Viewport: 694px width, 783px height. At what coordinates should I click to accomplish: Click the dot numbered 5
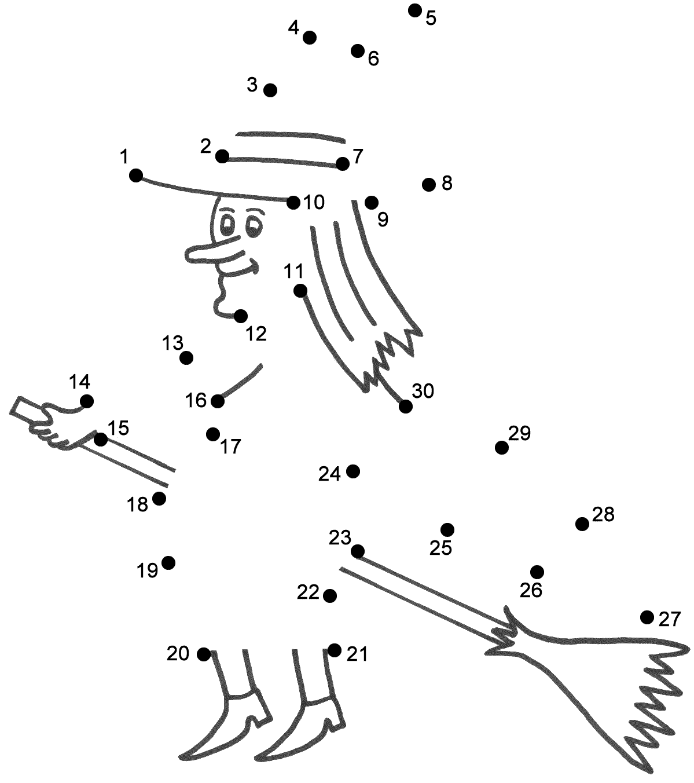pyautogui.click(x=414, y=10)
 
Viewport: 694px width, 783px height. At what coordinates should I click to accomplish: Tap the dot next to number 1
pyautogui.click(x=136, y=175)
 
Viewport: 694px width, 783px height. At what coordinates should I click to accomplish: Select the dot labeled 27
pyautogui.click(x=647, y=617)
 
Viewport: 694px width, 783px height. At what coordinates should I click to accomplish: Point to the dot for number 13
pyautogui.click(x=186, y=358)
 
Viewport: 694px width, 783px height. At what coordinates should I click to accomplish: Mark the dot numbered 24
pyautogui.click(x=353, y=471)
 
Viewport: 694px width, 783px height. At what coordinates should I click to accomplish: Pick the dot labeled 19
pyautogui.click(x=168, y=562)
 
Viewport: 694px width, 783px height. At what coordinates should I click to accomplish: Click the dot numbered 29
pyautogui.click(x=502, y=448)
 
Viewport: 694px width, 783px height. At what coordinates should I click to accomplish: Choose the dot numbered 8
pyautogui.click(x=429, y=184)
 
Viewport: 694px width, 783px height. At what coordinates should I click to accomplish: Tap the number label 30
pyautogui.click(x=423, y=392)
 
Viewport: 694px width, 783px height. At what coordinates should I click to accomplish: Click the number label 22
pyautogui.click(x=309, y=592)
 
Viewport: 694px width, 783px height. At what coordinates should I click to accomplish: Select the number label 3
pyautogui.click(x=252, y=85)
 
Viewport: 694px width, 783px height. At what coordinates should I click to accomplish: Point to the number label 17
pyautogui.click(x=230, y=447)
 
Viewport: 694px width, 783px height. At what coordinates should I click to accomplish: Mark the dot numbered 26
pyautogui.click(x=537, y=572)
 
